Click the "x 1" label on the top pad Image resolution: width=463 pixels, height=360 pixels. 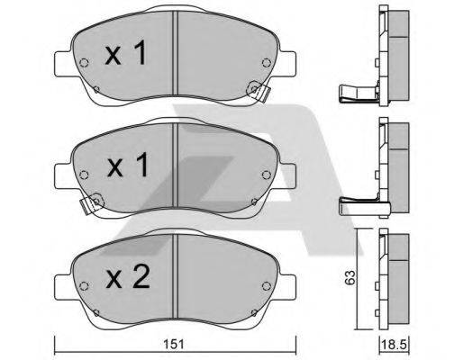[126, 56]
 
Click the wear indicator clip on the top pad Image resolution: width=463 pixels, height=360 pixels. [259, 91]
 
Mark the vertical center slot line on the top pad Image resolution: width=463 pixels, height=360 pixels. [173, 54]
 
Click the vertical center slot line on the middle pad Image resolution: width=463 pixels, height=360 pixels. [173, 166]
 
